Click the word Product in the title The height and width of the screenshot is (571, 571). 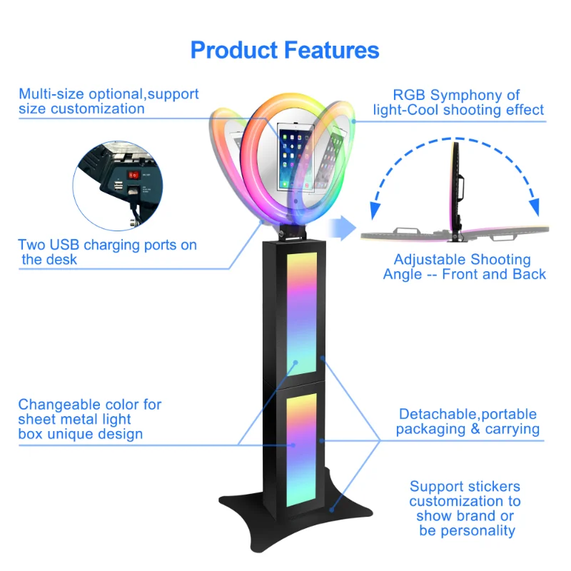(233, 51)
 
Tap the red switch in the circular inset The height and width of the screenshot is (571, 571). (133, 173)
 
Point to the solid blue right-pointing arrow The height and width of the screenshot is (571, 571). (342, 228)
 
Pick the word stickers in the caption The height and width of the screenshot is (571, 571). (493, 487)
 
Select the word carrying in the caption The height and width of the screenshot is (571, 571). (512, 429)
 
